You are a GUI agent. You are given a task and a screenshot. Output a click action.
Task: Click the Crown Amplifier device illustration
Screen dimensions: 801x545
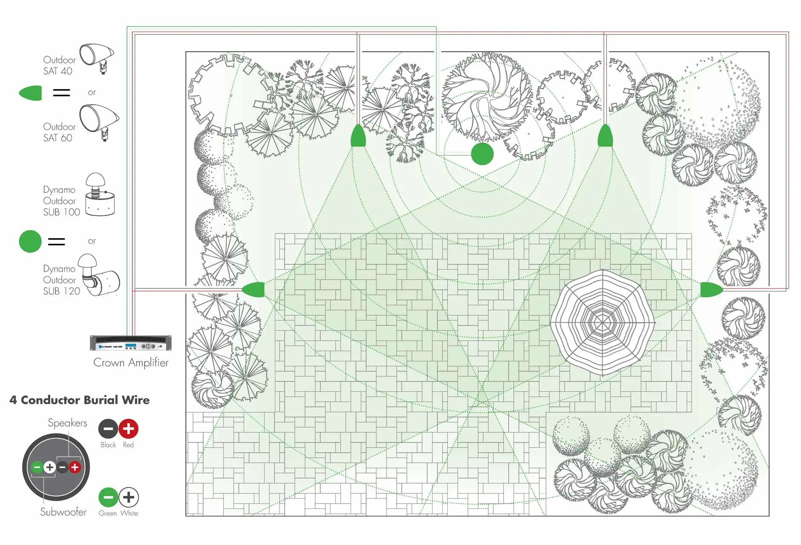coord(131,343)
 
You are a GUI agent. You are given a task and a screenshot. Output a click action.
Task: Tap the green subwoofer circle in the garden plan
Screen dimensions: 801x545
coord(482,154)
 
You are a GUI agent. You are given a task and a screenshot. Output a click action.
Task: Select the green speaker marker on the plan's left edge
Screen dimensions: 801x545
coord(253,289)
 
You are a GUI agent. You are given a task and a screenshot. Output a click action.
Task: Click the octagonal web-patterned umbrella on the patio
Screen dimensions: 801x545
coord(602,323)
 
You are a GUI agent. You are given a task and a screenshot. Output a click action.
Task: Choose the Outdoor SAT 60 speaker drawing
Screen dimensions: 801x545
coord(99,122)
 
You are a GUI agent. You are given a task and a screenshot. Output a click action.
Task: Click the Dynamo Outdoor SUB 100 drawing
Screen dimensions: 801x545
coord(100,194)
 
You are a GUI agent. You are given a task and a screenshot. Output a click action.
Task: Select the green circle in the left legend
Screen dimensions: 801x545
coord(30,241)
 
